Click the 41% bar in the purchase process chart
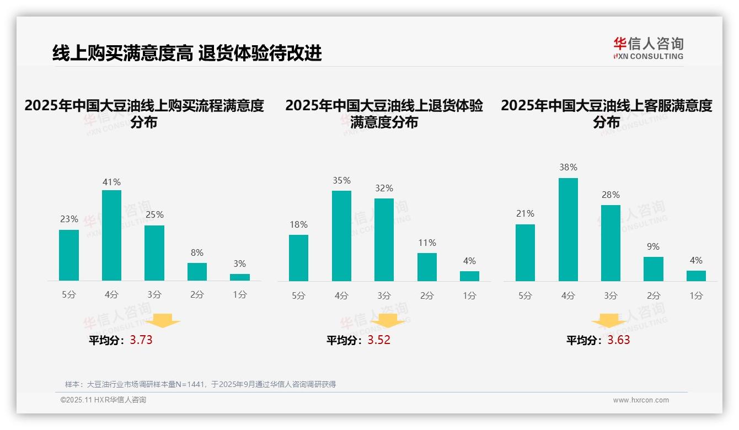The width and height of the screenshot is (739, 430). pyautogui.click(x=111, y=235)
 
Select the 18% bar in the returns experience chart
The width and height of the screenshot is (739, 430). pyautogui.click(x=298, y=258)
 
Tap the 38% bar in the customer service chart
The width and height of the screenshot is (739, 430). pyautogui.click(x=568, y=229)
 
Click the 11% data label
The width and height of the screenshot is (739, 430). pyautogui.click(x=427, y=243)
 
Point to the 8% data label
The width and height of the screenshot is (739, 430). pyautogui.click(x=197, y=252)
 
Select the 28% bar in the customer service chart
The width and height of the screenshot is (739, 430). pyautogui.click(x=611, y=243)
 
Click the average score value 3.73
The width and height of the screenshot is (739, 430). pyautogui.click(x=141, y=340)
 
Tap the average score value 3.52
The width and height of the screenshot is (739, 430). pyautogui.click(x=379, y=340)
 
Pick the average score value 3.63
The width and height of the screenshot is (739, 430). pyautogui.click(x=619, y=340)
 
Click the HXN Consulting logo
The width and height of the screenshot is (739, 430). pyautogui.click(x=648, y=49)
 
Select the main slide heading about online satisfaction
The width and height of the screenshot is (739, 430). pyautogui.click(x=187, y=53)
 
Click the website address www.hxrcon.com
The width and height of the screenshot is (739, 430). pyautogui.click(x=641, y=400)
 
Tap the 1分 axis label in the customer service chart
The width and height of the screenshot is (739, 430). pyautogui.click(x=696, y=295)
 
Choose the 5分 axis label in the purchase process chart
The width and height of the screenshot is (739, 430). pyautogui.click(x=69, y=295)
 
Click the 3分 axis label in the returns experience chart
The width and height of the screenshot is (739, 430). pyautogui.click(x=384, y=295)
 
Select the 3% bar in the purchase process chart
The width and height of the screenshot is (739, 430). pyautogui.click(x=240, y=277)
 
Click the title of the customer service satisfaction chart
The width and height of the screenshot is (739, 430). pyautogui.click(x=606, y=114)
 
